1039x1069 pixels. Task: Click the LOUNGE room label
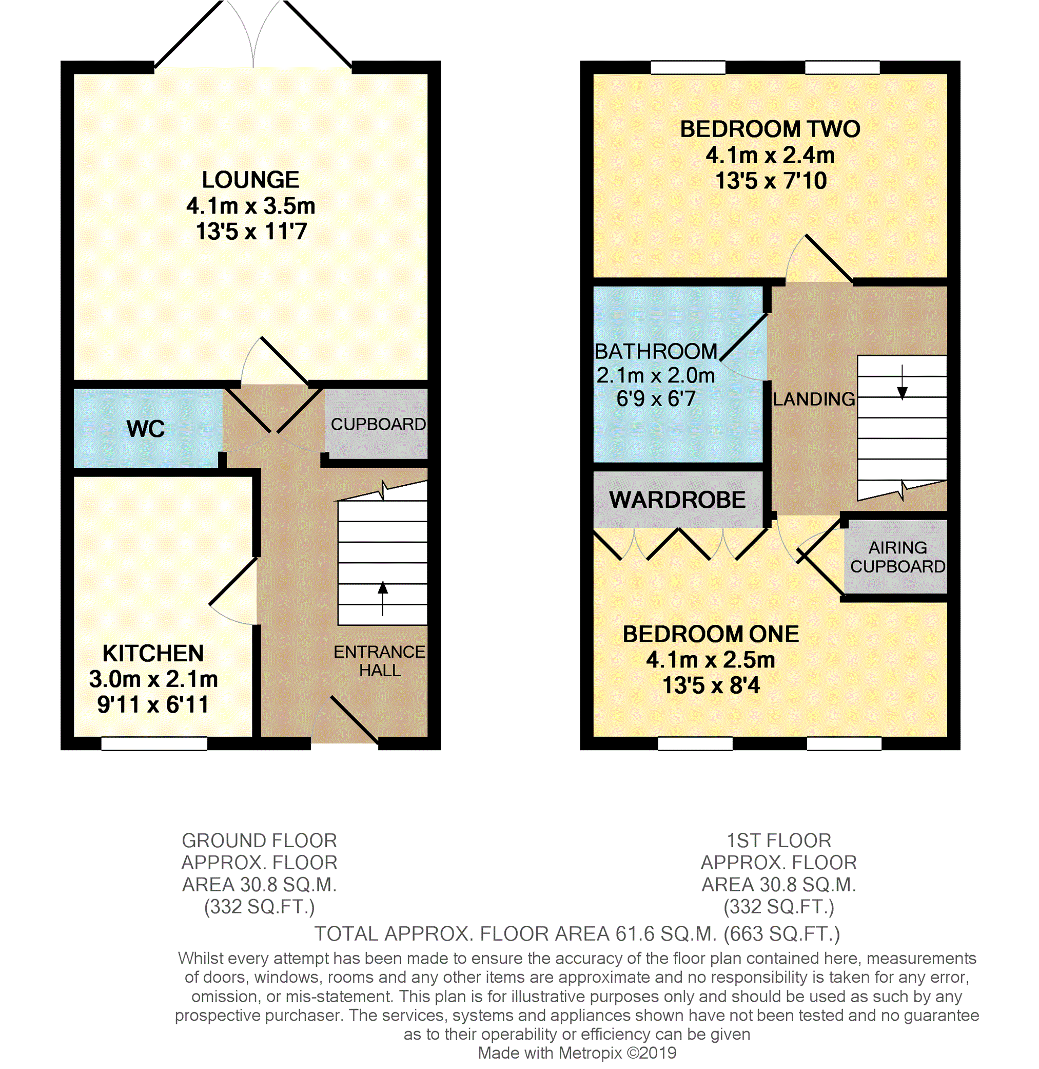250,180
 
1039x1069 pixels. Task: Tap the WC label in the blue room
146,429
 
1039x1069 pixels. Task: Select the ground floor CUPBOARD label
378,424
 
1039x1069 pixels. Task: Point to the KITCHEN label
153,653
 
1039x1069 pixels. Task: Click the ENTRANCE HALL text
380,661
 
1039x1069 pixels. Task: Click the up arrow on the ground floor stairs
383,598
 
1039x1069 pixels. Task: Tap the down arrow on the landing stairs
902,382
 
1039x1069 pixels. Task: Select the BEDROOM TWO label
770,129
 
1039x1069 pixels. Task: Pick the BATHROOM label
656,352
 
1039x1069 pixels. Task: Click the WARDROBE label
677,500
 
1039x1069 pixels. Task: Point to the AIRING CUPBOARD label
898,557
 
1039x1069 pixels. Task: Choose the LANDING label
814,399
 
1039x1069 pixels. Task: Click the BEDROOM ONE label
711,634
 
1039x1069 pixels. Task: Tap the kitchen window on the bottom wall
154,743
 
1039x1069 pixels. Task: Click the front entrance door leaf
354,719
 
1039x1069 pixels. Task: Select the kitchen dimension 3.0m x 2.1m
153,679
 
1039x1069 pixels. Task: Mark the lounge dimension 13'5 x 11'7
251,232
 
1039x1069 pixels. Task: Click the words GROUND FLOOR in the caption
259,840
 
